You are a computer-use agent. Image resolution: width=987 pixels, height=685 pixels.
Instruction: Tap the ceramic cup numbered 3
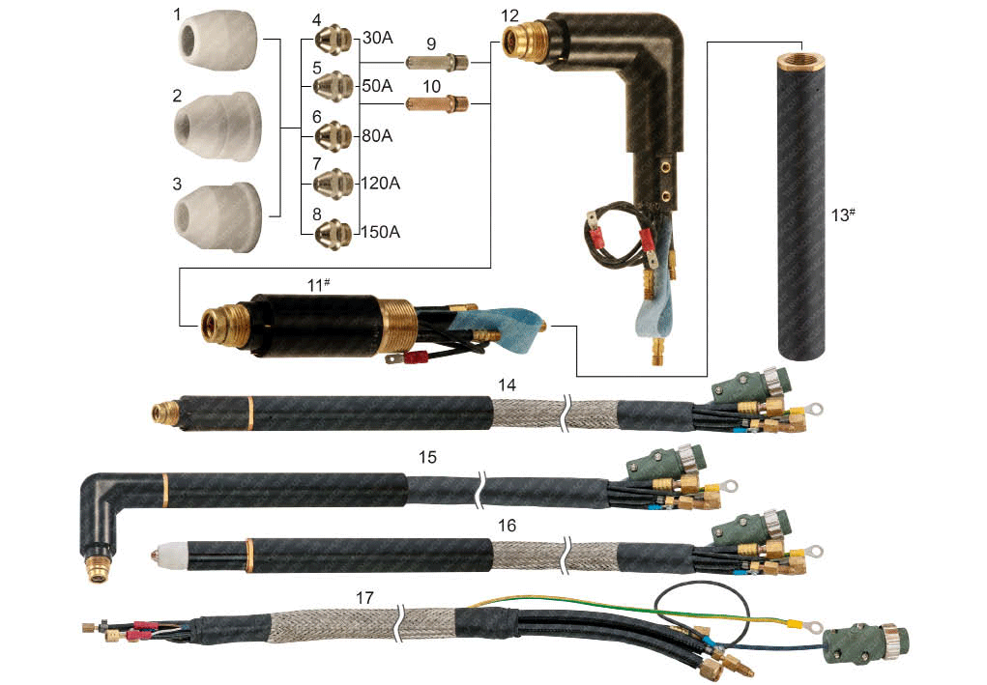[218, 214]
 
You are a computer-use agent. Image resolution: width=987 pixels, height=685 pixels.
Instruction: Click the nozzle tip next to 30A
[334, 41]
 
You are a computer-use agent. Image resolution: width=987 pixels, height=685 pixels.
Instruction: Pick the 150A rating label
[381, 233]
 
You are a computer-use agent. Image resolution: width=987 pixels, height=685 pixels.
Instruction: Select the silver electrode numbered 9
[436, 63]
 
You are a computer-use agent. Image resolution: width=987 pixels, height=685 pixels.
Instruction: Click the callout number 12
[510, 16]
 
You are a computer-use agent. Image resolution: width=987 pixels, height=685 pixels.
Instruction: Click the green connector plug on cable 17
[860, 642]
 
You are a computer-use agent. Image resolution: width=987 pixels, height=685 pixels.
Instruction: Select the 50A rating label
[377, 86]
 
